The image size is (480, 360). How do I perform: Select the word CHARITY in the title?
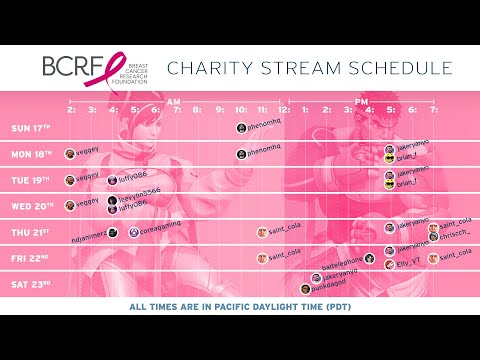[207, 69]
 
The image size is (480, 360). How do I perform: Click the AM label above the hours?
[174, 101]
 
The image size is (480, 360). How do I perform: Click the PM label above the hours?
[361, 101]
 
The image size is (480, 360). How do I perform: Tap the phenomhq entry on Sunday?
[259, 128]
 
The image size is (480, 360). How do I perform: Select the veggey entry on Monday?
[84, 153]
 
